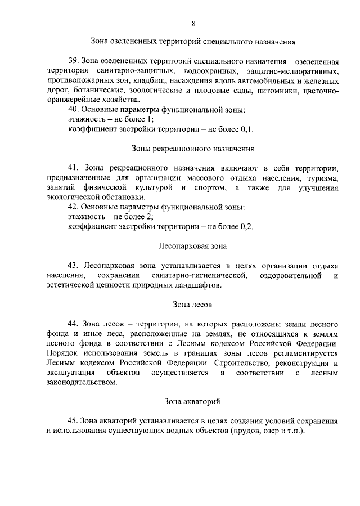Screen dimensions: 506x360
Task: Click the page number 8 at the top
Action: [x=193, y=23]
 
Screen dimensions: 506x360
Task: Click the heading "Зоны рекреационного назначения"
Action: [x=193, y=149]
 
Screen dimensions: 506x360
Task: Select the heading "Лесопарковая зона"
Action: [x=193, y=246]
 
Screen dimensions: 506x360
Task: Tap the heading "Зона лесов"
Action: [x=193, y=305]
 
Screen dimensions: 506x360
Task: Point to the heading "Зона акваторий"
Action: [x=193, y=401]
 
